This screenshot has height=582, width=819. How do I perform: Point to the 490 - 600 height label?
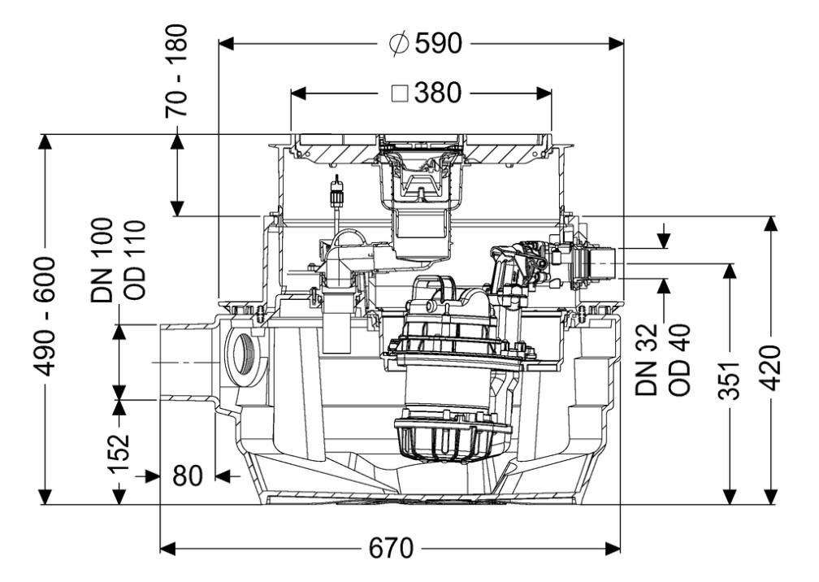pyautogui.click(x=46, y=315)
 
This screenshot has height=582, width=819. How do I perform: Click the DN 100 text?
pyautogui.click(x=103, y=260)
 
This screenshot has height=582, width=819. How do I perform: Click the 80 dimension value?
pyautogui.click(x=188, y=476)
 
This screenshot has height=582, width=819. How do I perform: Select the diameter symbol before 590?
pyautogui.click(x=399, y=44)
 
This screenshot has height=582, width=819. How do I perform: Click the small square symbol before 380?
pyautogui.click(x=400, y=93)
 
